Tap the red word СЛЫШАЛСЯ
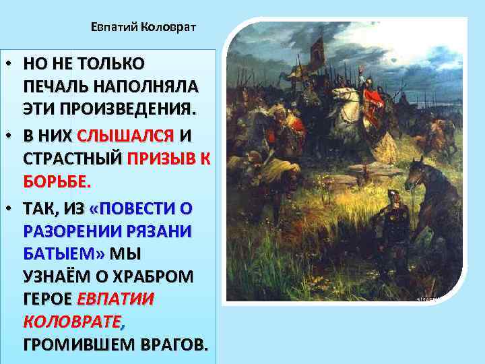click(126, 135)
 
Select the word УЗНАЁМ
click(59, 277)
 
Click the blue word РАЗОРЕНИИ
click(71, 231)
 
